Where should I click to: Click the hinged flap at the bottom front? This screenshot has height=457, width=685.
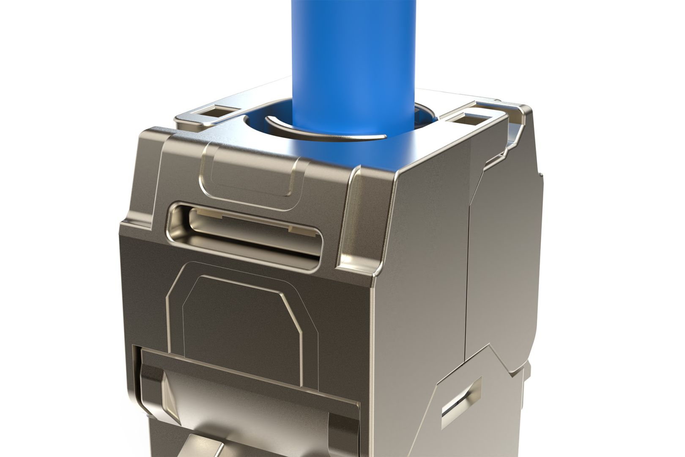pyautogui.click(x=249, y=406)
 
